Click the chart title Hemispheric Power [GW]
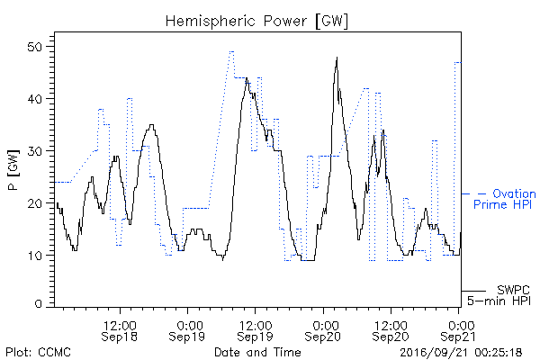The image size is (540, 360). point(256,21)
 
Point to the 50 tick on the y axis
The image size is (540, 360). point(34,47)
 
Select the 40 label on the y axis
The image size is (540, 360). point(34,99)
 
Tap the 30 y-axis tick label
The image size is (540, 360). point(34,151)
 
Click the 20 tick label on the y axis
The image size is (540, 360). point(34,203)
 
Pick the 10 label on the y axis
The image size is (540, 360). point(34,256)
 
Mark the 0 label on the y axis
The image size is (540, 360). point(38,304)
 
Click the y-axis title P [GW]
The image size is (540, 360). point(13,169)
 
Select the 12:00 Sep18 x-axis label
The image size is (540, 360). point(120,330)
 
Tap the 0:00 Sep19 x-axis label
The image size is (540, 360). point(187,330)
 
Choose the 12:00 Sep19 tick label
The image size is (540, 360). point(255,330)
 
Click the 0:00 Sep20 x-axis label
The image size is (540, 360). point(323,330)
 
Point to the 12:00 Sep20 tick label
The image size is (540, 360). point(391,330)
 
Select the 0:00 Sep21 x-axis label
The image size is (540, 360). point(458,330)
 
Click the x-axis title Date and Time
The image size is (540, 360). point(257,352)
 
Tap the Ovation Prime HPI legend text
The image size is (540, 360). point(505,199)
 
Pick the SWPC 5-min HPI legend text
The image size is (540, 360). point(499,295)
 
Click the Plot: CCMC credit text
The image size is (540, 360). point(38,352)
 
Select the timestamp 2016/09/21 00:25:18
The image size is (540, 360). point(461,352)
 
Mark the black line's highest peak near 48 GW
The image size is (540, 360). point(337,58)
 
